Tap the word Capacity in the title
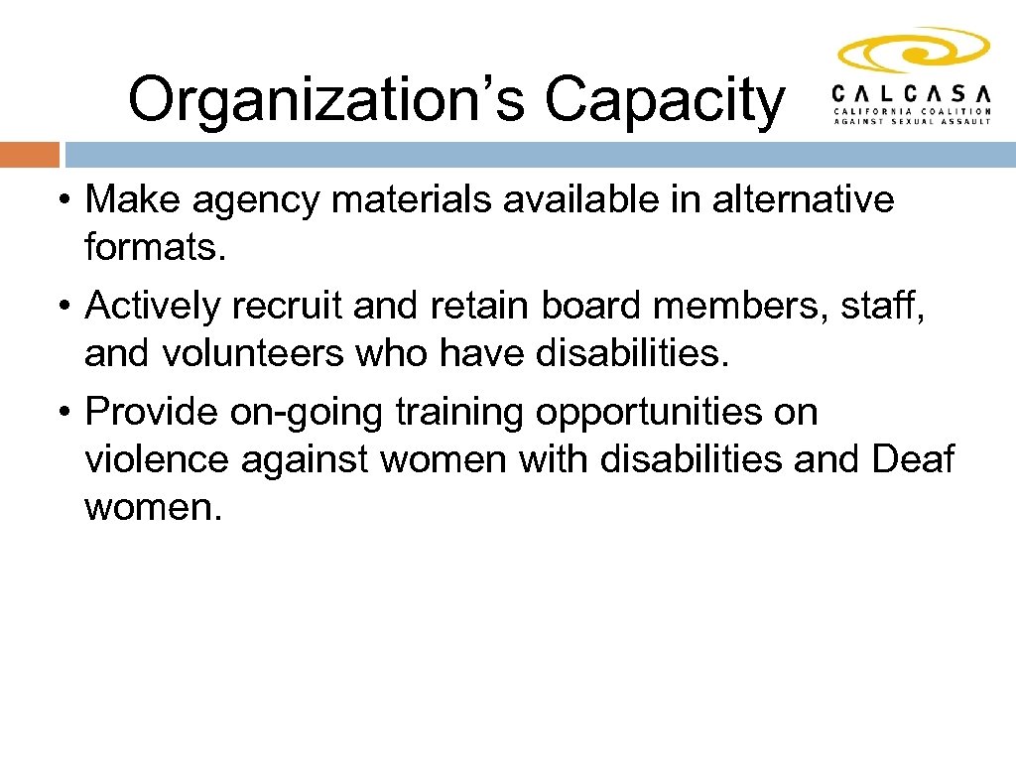click(664, 100)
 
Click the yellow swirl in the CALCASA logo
click(913, 51)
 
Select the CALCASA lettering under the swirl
click(912, 92)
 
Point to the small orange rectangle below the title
click(30, 155)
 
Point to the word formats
click(157, 247)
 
